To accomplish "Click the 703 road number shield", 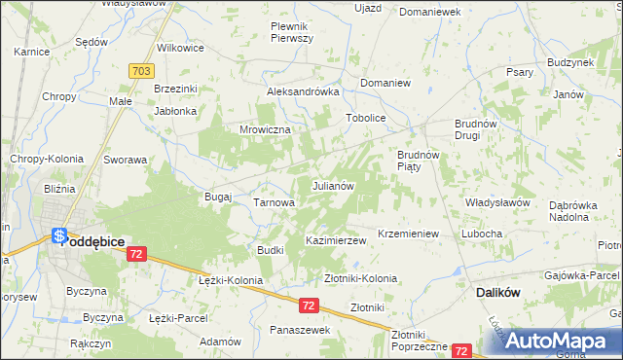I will point(139,72).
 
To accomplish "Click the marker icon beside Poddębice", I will point(58,236).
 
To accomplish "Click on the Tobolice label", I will point(367,118).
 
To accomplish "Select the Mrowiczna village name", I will point(260,128).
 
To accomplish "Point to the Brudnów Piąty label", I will point(421,161).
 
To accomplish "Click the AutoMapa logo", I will point(558,341).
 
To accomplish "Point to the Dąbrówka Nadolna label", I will point(580,211).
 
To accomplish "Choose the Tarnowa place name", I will point(274,202).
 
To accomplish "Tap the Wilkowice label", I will point(180,47).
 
